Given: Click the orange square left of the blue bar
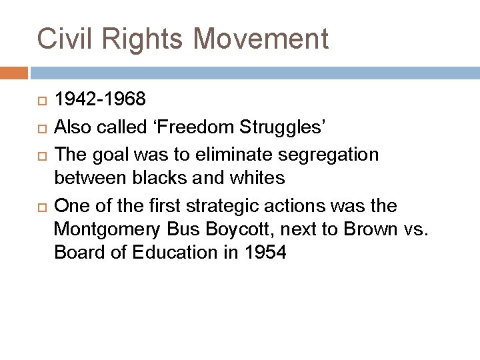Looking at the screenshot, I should point(14,71).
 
